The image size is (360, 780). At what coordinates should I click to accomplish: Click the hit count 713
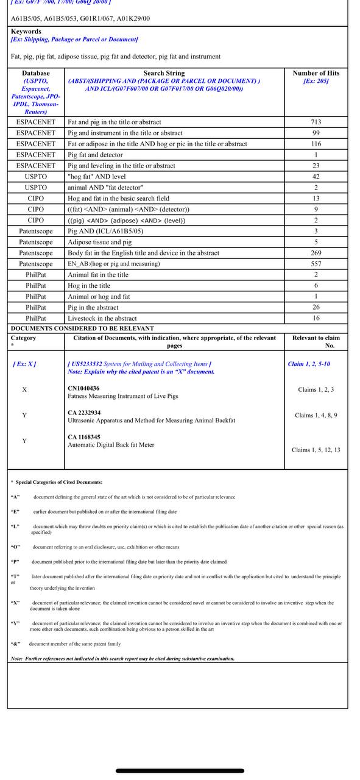[x=316, y=122]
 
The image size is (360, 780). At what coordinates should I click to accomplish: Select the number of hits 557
[x=316, y=264]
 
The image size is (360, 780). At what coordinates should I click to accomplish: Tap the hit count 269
[x=316, y=253]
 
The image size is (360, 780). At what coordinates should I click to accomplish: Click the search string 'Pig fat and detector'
[x=95, y=155]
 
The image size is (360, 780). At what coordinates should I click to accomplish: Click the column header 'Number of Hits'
[x=316, y=73]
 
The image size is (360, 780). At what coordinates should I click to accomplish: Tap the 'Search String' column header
[x=164, y=73]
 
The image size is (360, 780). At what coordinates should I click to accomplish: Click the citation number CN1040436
[x=83, y=388]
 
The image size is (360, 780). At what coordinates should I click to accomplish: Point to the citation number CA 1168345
[x=84, y=437]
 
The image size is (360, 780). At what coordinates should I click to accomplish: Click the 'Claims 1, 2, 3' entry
[x=316, y=389]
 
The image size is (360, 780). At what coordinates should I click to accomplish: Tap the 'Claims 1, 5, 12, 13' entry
[x=316, y=450]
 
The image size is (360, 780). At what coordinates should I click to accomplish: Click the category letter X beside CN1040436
[x=24, y=389]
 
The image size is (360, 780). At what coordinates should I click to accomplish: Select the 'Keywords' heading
[x=26, y=31]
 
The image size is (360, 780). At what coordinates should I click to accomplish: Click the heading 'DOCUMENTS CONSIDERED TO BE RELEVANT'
[x=82, y=328]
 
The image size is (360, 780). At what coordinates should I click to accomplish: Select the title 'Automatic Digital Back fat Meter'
[x=111, y=445]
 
